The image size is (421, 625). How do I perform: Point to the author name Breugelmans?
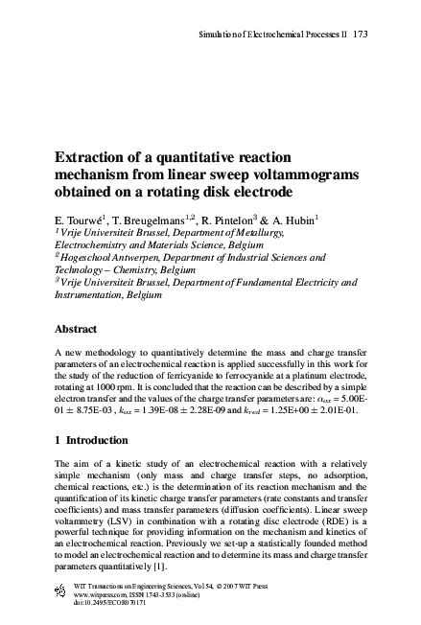click(152, 219)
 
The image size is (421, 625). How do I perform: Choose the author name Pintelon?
click(253, 219)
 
